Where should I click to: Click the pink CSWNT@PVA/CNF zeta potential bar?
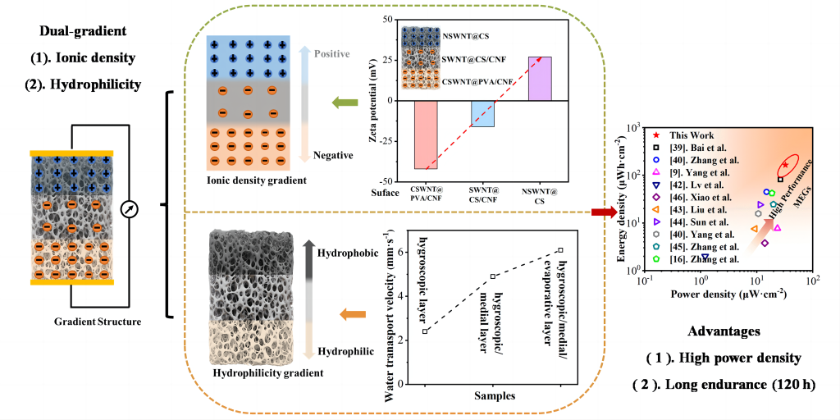coord(437,135)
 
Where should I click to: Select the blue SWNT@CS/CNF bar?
coord(482,113)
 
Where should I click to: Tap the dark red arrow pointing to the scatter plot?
coord(603,213)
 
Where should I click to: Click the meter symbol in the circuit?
coord(127,209)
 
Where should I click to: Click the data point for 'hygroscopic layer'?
coord(425,331)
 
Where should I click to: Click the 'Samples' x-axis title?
coord(493,395)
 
